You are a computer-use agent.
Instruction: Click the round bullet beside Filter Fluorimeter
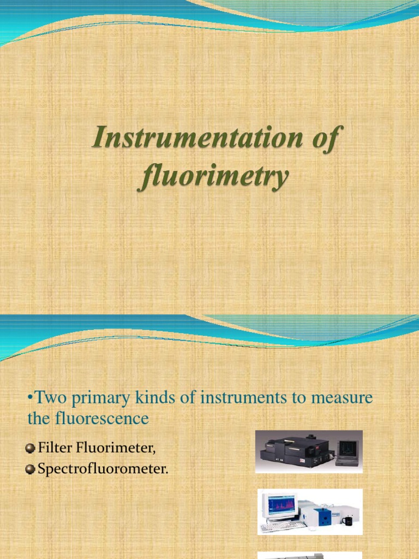(x=31, y=449)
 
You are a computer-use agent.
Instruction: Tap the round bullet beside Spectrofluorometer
(x=31, y=469)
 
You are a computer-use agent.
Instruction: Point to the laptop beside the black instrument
(x=346, y=453)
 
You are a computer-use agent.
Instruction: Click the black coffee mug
(x=348, y=521)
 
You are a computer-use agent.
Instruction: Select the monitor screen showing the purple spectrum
(x=280, y=507)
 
